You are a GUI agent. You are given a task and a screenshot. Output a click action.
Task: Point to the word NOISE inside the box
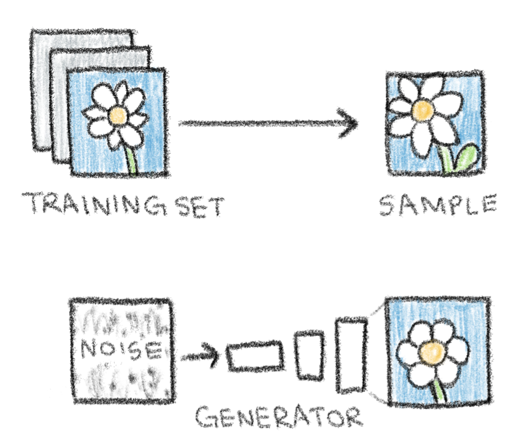pos(121,348)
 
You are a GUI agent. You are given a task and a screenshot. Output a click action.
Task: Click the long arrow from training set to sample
pos(268,123)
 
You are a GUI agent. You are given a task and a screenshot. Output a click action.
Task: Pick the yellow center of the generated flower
pos(431,351)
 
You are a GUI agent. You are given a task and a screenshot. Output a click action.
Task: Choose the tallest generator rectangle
pos(352,353)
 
